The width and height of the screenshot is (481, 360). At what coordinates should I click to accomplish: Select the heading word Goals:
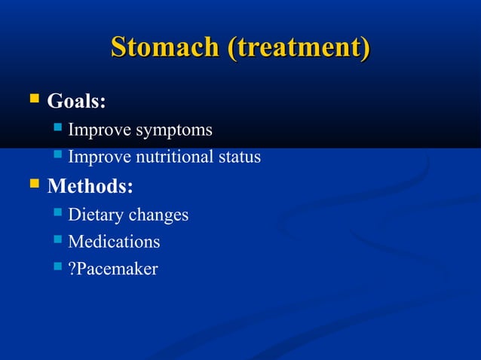76,100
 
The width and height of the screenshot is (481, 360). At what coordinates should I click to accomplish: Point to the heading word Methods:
90,185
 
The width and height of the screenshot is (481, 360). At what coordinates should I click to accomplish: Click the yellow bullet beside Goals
33,99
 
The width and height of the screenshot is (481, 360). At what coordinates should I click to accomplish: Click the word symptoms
173,131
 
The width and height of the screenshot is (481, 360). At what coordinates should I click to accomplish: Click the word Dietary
96,215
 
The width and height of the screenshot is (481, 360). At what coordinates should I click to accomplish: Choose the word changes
158,215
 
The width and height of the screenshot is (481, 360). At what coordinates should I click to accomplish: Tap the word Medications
114,242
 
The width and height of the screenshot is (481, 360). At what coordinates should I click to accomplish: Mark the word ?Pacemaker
112,269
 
